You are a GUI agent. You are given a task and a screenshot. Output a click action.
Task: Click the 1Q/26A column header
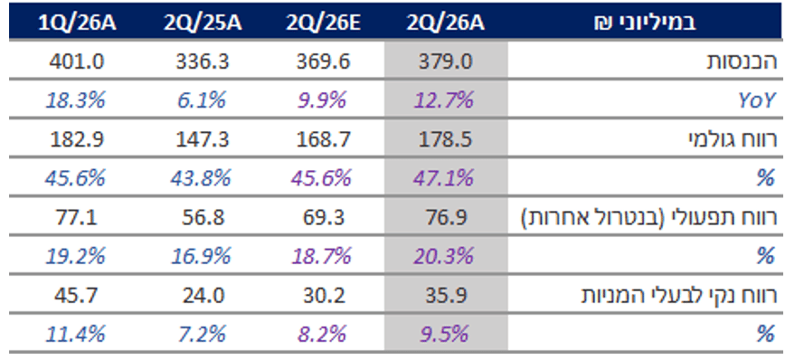tap(77, 24)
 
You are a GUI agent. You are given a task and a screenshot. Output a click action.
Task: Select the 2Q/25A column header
tap(203, 24)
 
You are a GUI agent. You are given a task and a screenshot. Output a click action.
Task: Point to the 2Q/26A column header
tap(446, 24)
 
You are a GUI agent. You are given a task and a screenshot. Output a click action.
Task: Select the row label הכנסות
tap(741, 62)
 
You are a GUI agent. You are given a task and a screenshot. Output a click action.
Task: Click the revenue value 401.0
tap(77, 62)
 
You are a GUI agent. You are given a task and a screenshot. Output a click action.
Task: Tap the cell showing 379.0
tap(446, 62)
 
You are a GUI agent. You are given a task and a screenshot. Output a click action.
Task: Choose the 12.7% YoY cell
tap(444, 100)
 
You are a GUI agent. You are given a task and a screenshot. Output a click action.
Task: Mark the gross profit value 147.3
tap(203, 139)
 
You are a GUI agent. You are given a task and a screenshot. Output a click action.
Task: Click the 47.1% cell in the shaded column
tap(444, 178)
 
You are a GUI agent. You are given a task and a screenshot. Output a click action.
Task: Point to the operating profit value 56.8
tap(203, 217)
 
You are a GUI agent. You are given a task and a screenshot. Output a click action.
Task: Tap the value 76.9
tap(446, 217)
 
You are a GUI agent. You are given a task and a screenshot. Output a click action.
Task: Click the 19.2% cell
tap(75, 256)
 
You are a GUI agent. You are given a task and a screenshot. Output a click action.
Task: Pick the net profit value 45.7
tap(77, 295)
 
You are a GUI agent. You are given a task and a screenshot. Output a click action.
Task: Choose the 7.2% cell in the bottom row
tap(203, 334)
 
